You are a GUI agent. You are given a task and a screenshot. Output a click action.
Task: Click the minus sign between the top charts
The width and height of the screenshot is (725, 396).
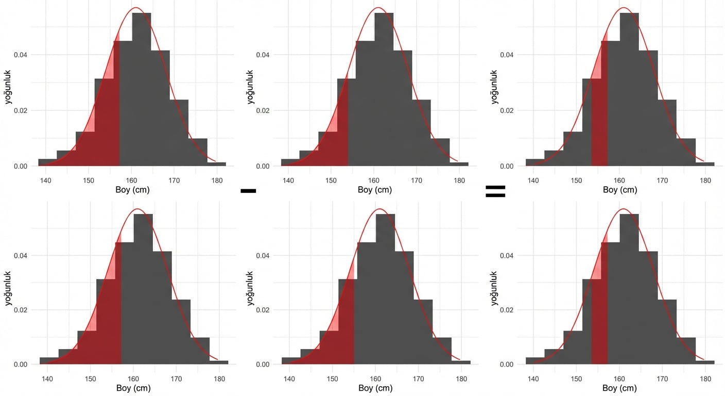click(248, 191)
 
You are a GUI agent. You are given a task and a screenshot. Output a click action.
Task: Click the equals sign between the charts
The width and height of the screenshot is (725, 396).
click(495, 191)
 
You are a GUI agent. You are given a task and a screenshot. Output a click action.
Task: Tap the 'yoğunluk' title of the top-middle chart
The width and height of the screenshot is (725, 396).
click(251, 87)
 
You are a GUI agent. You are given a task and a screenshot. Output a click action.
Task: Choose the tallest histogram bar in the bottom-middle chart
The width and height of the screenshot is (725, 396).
click(386, 289)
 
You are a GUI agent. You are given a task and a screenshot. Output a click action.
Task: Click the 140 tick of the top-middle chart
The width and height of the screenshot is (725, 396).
click(289, 180)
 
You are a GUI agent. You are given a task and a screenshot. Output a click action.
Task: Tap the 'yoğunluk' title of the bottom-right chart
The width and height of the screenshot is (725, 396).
click(495, 288)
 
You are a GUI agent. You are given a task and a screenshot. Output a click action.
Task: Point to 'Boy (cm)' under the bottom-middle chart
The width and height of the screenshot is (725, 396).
click(375, 388)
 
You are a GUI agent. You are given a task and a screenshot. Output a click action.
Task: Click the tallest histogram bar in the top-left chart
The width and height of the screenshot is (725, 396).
click(142, 88)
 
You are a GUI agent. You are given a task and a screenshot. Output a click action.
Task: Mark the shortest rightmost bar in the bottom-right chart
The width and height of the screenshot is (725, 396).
click(705, 362)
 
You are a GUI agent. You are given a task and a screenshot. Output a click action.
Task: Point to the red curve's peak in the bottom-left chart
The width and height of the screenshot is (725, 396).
click(137, 209)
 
